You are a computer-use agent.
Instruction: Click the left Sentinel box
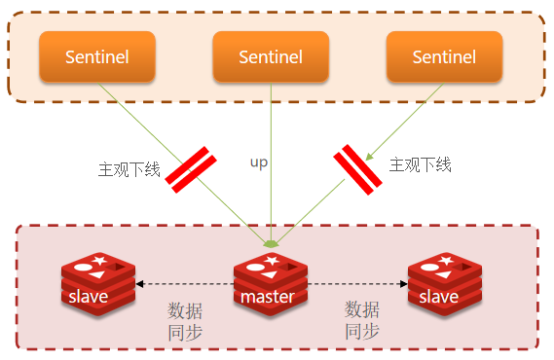(x=97, y=56)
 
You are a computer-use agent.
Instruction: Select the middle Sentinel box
(x=271, y=56)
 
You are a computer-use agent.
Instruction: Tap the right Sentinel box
(x=445, y=56)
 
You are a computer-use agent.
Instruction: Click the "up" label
(x=259, y=163)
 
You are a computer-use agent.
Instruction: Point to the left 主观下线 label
(x=129, y=169)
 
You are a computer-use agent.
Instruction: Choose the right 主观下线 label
(x=420, y=164)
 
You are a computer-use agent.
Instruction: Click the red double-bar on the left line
(x=191, y=169)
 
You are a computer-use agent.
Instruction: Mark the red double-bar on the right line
(x=357, y=169)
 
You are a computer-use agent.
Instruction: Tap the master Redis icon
(x=271, y=284)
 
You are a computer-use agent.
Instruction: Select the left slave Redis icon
(x=98, y=284)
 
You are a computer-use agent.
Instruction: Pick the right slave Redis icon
(x=445, y=284)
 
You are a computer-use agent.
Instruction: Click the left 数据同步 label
(x=185, y=321)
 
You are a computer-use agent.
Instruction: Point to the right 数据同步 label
(x=362, y=320)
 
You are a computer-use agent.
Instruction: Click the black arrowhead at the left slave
(x=140, y=284)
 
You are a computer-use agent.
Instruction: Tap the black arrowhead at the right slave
(x=403, y=284)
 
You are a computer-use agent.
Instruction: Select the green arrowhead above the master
(x=271, y=244)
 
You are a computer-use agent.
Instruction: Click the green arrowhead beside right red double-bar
(x=369, y=157)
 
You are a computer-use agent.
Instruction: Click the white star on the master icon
(x=272, y=261)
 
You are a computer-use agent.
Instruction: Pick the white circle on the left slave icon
(x=83, y=268)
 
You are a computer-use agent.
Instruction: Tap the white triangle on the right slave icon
(x=443, y=274)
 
